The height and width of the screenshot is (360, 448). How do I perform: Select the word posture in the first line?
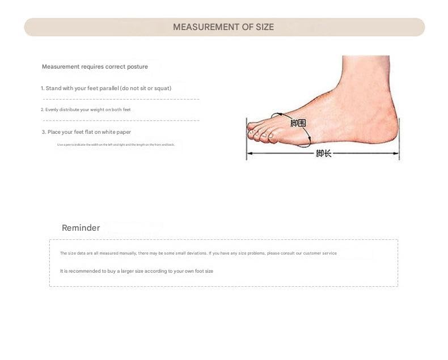click(138, 67)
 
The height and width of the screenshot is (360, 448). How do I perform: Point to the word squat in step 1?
click(162, 88)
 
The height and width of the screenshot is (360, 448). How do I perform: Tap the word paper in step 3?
click(124, 132)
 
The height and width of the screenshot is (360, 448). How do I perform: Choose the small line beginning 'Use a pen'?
click(116, 145)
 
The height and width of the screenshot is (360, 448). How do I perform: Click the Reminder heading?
click(81, 228)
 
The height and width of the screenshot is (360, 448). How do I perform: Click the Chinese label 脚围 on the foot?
click(298, 123)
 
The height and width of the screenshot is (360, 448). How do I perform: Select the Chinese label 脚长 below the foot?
click(323, 153)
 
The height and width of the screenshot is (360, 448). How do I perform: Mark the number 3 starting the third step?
click(43, 132)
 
